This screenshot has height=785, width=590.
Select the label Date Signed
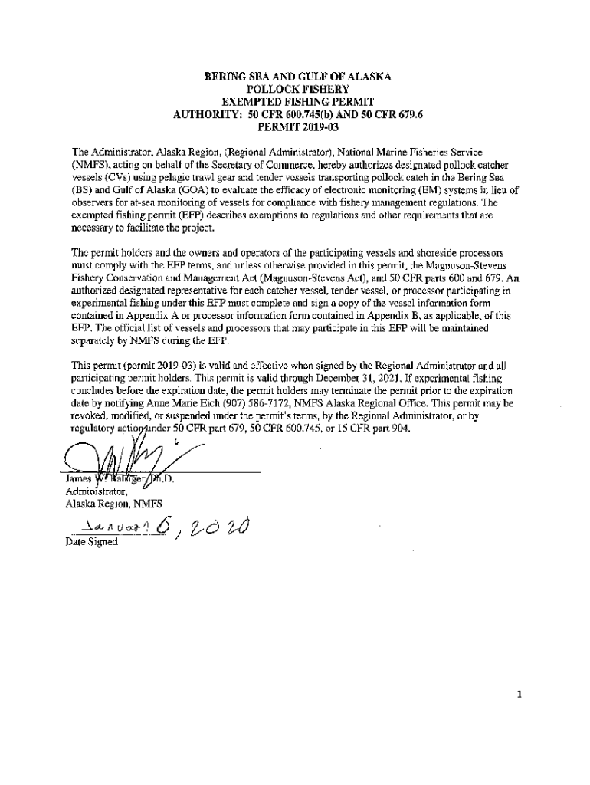[x=92, y=543]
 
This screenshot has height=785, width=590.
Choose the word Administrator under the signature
[x=93, y=491]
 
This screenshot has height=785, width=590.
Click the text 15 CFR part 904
[x=379, y=428]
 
